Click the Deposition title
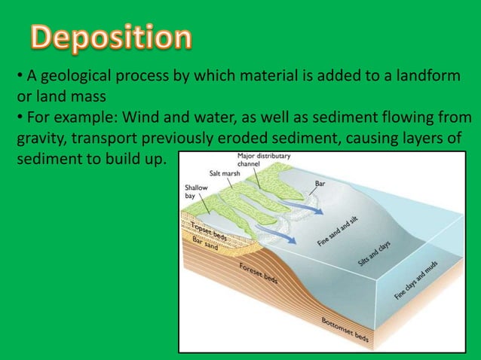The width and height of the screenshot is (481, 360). (x=111, y=38)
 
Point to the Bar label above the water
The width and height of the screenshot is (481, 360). (x=320, y=183)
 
